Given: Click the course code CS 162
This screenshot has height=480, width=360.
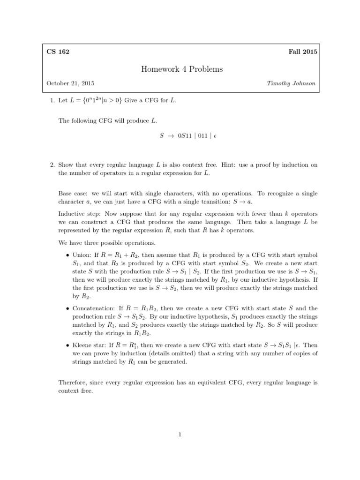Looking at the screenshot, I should coord(58,52).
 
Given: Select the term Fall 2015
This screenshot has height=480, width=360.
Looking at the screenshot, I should coord(303,52).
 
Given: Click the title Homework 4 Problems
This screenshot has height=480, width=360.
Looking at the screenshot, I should coord(182,69).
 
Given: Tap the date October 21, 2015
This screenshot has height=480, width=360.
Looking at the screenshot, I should coord(70,83).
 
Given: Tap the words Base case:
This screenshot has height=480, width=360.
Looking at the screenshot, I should coord(73,194).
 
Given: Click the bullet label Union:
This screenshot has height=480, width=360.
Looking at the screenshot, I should coord(82,255).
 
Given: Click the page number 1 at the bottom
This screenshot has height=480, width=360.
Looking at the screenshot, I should coord(180,435).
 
